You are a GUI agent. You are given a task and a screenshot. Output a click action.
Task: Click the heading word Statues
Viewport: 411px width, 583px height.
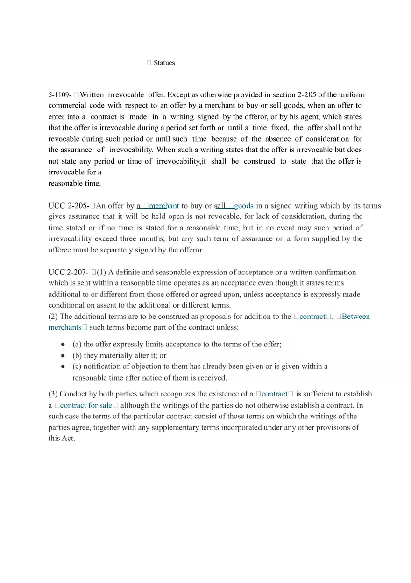(164, 63)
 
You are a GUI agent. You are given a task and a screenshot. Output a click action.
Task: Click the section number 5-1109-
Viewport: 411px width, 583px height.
(60, 95)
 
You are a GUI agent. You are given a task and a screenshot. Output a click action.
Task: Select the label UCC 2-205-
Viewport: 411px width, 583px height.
(69, 206)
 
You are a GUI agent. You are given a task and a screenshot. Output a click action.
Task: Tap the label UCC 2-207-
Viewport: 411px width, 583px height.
(68, 272)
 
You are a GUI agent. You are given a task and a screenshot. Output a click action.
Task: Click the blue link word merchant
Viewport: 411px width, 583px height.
(164, 206)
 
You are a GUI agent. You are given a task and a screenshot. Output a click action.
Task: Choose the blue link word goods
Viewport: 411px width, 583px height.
(244, 206)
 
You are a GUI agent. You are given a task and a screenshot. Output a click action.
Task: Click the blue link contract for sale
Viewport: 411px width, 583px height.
(86, 405)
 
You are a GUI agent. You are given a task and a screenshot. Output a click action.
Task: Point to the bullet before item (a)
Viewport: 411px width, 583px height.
(63, 345)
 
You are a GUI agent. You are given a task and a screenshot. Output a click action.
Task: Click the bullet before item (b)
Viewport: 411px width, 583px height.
(63, 356)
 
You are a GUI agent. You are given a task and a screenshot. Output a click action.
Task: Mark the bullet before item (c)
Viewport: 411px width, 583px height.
(63, 367)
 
